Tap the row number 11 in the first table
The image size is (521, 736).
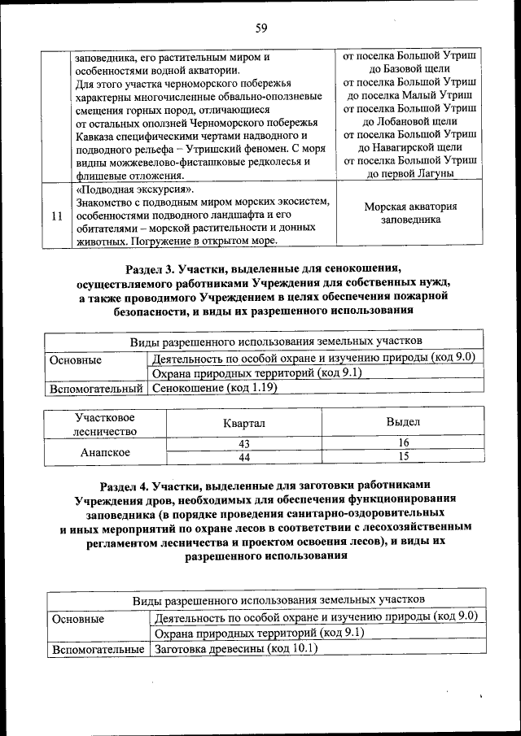click(56, 217)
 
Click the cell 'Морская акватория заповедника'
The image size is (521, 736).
click(410, 213)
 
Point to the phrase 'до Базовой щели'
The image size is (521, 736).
click(410, 69)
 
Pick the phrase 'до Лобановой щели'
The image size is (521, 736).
click(410, 121)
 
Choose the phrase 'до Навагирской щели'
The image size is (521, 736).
click(410, 147)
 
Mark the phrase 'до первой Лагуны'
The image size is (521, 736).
click(410, 173)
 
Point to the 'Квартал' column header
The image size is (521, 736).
click(245, 424)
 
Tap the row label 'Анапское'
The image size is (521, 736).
click(105, 451)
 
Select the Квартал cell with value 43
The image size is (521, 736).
click(243, 444)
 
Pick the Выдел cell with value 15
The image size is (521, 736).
click(403, 458)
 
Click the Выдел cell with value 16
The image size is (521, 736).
click(403, 444)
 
